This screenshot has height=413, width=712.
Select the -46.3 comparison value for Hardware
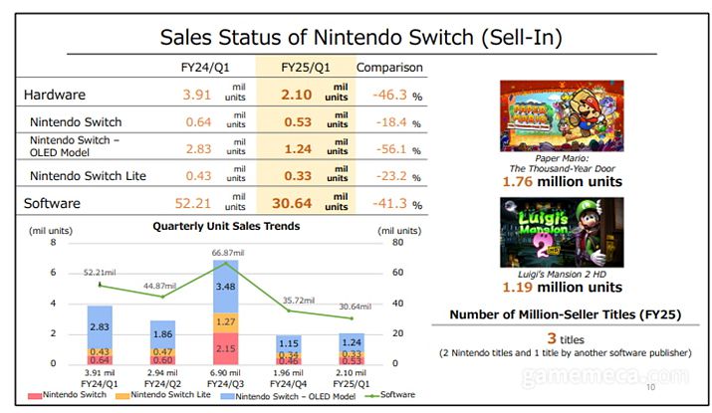click(385, 96)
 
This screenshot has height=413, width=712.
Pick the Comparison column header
click(389, 67)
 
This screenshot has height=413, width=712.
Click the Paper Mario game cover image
click(561, 115)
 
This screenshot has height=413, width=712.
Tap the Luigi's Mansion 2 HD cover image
click(561, 232)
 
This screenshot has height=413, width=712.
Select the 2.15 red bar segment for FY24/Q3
click(226, 348)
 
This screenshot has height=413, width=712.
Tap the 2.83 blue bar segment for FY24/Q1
click(100, 326)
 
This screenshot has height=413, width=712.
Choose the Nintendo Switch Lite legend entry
click(164, 396)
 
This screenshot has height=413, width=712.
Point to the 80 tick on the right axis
click(396, 243)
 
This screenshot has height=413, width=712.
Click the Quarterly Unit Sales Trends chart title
click(225, 226)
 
